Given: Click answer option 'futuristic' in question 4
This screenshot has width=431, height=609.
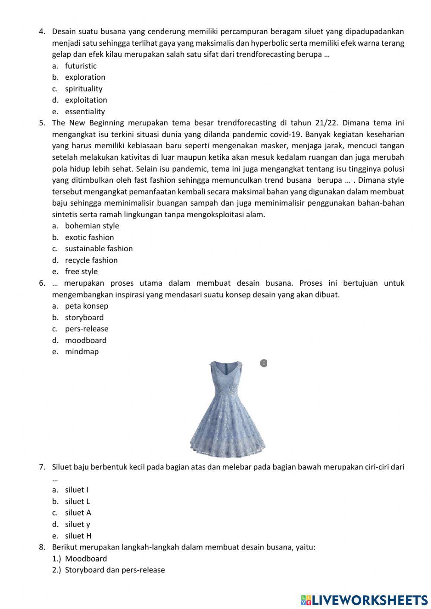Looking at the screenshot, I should click(x=81, y=66).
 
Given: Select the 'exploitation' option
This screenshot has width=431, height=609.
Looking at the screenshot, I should click(x=86, y=100).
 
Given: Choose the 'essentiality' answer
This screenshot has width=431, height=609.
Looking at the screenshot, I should click(x=85, y=112).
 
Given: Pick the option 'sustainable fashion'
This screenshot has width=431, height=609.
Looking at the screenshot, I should click(x=99, y=249).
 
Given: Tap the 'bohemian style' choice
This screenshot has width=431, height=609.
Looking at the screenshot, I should click(x=92, y=226).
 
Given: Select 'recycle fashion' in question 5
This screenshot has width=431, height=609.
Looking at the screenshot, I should click(x=91, y=260).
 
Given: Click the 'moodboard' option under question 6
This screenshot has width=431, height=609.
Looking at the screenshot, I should click(x=85, y=340).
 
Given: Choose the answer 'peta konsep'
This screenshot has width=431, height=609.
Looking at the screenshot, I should click(x=86, y=306).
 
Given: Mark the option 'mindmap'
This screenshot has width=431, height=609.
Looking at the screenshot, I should click(x=81, y=352).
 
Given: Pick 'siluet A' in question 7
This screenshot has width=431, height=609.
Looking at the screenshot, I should click(x=78, y=513).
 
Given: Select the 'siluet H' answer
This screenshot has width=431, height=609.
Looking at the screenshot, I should click(x=78, y=536).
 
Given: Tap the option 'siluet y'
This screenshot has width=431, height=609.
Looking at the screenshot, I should click(x=78, y=525).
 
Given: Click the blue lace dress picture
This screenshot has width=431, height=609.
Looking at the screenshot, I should click(x=228, y=408).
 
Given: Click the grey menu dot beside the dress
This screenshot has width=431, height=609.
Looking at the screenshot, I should click(x=264, y=363).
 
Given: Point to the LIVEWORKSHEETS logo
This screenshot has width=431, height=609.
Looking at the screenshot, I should click(x=364, y=600).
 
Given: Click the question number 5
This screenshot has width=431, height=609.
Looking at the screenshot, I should click(x=42, y=123).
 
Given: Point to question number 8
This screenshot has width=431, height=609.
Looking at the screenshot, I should click(x=42, y=547).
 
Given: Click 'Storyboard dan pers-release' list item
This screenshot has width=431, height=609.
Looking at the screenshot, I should click(x=115, y=570).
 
